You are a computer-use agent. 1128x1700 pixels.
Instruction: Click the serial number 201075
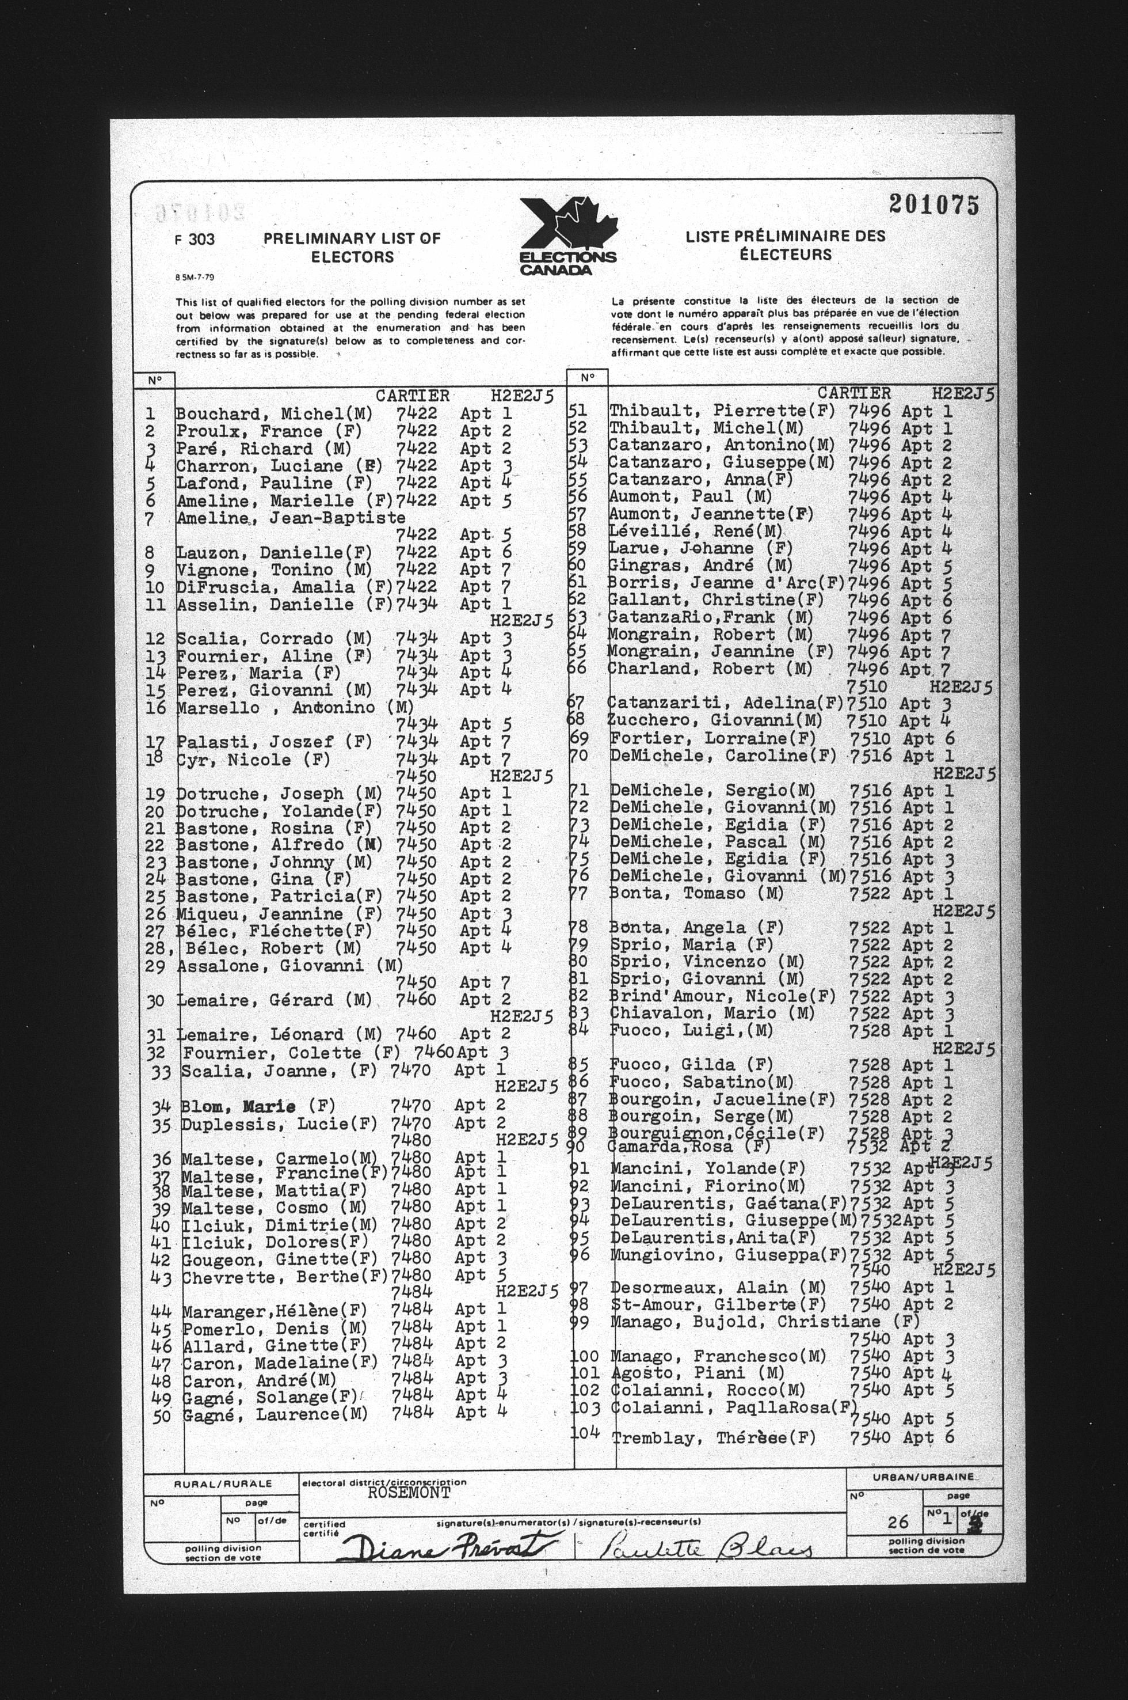[x=933, y=205]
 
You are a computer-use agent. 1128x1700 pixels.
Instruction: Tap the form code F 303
[x=195, y=240]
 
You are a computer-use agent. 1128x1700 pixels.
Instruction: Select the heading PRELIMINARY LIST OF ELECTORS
[x=352, y=248]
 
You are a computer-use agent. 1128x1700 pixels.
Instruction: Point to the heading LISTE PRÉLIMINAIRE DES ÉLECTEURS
[x=785, y=245]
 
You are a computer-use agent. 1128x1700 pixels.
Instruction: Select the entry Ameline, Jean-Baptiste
[x=291, y=518]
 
